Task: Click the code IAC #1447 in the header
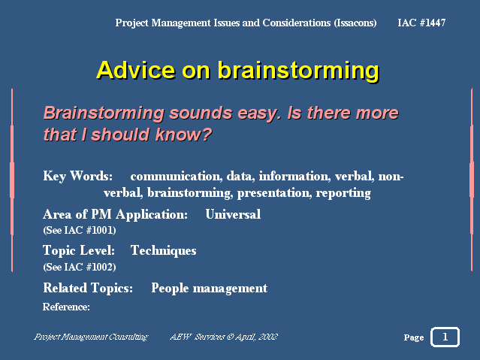pyautogui.click(x=421, y=23)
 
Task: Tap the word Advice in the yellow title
pyautogui.click(x=136, y=70)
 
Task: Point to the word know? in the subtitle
pyautogui.click(x=183, y=135)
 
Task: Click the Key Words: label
pyautogui.click(x=78, y=176)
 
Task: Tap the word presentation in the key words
pyautogui.click(x=275, y=193)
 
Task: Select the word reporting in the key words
pyautogui.click(x=343, y=193)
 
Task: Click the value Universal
pyautogui.click(x=233, y=214)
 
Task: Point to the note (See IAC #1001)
pyautogui.click(x=80, y=230)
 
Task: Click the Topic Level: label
pyautogui.click(x=79, y=251)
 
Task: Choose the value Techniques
pyautogui.click(x=164, y=251)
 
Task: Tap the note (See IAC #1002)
pyautogui.click(x=80, y=267)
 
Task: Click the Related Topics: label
pyautogui.click(x=88, y=289)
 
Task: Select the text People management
pyautogui.click(x=210, y=289)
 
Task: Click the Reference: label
pyautogui.click(x=66, y=307)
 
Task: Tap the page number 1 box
pyautogui.click(x=445, y=337)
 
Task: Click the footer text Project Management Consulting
pyautogui.click(x=91, y=337)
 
